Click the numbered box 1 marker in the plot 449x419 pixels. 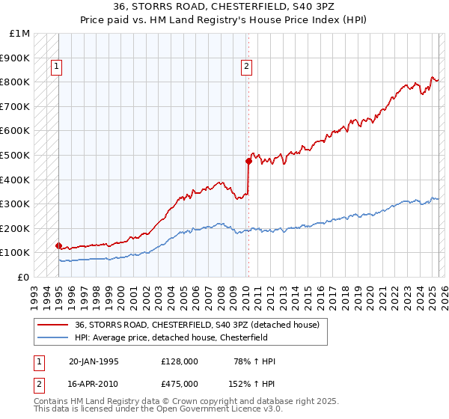tap(56, 67)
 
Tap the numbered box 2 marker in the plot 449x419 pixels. tap(246, 67)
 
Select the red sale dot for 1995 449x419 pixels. tap(58, 245)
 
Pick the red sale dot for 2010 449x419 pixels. tap(248, 161)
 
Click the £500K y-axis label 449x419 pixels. tap(16, 155)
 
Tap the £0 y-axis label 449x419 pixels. tap(24, 277)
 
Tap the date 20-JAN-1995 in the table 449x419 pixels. tap(94, 361)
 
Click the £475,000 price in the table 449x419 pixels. tap(179, 383)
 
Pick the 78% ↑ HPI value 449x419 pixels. tap(254, 361)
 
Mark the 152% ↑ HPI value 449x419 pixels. tap(252, 383)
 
